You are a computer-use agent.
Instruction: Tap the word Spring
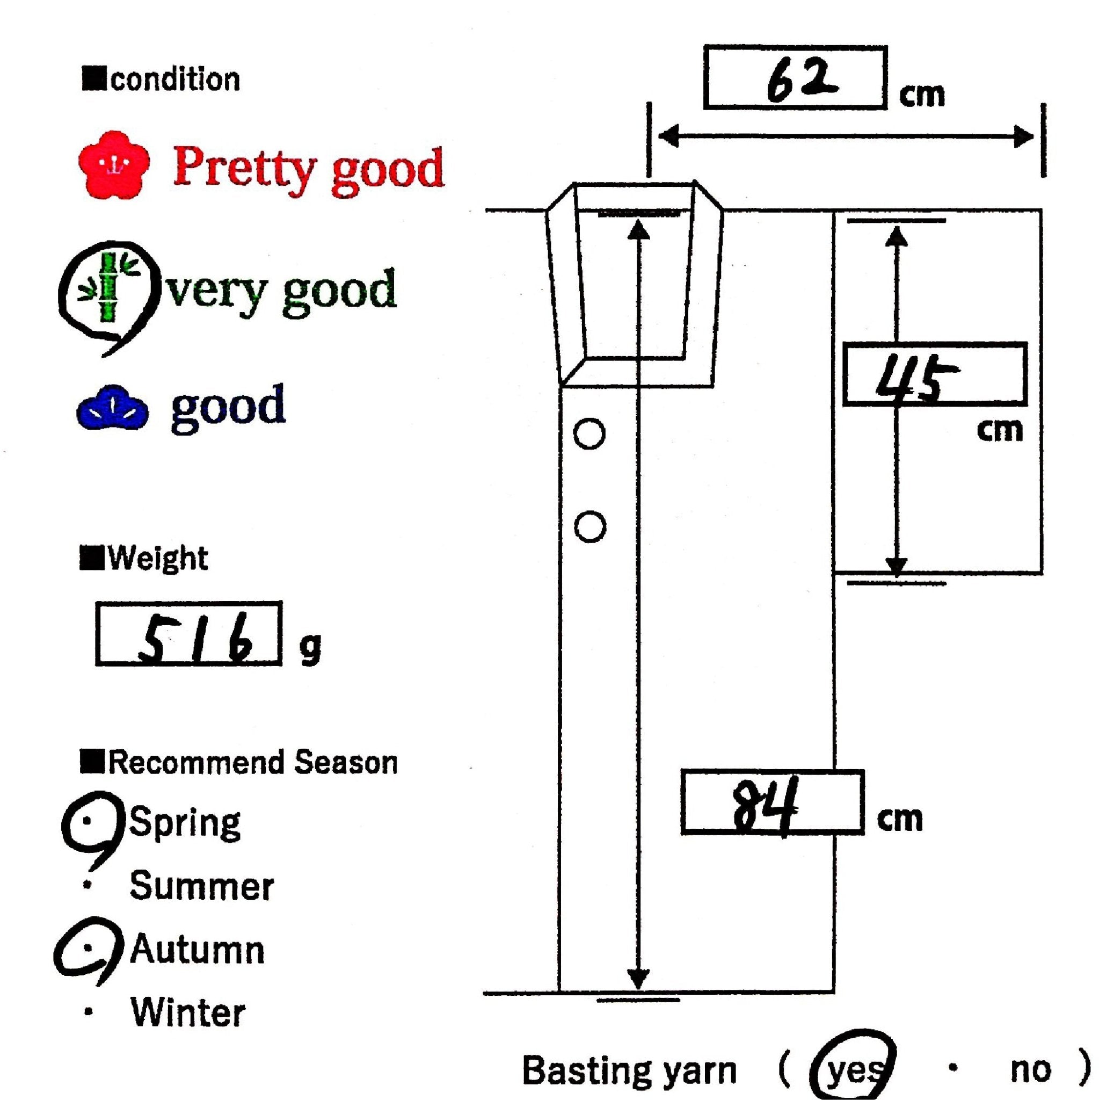pyautogui.click(x=186, y=823)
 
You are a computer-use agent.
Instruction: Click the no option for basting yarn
pyautogui.click(x=1030, y=1070)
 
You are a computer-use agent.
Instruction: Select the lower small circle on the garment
pyautogui.click(x=589, y=527)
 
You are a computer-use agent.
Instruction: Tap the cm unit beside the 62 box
pyautogui.click(x=921, y=95)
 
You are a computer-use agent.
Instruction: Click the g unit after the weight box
pyautogui.click(x=310, y=647)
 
